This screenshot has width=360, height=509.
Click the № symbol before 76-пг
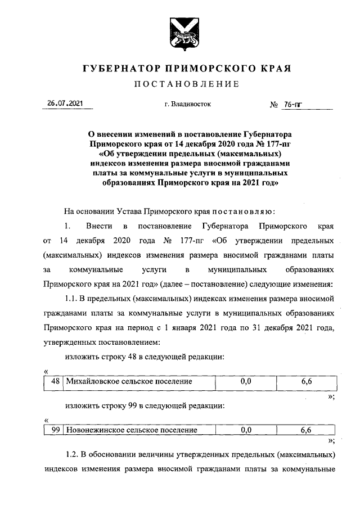pyautogui.click(x=275, y=104)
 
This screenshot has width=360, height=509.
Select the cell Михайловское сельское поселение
pyautogui.click(x=129, y=381)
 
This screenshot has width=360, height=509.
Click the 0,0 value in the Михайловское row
pyautogui.click(x=245, y=381)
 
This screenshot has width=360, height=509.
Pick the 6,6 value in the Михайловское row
pyautogui.click(x=307, y=381)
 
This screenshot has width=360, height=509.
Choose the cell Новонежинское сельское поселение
pyautogui.click(x=132, y=430)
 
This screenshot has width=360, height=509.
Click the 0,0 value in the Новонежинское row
pyautogui.click(x=245, y=430)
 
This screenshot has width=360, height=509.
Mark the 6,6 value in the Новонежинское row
pyautogui.click(x=307, y=430)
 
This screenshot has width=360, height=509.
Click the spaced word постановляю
pyautogui.click(x=243, y=211)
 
